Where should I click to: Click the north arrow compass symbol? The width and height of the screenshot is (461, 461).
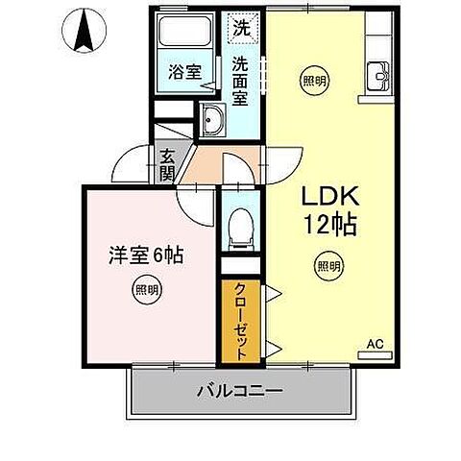pyautogui.click(x=82, y=29)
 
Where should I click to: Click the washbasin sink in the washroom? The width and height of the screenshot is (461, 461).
pyautogui.click(x=211, y=120)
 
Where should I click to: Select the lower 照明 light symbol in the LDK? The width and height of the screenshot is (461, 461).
pyautogui.click(x=327, y=266)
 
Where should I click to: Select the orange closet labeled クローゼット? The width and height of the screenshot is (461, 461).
pyautogui.click(x=241, y=321)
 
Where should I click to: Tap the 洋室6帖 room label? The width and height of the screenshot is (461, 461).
pyautogui.click(x=145, y=255)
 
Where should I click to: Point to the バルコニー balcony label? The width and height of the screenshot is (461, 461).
pyautogui.click(x=239, y=392)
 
